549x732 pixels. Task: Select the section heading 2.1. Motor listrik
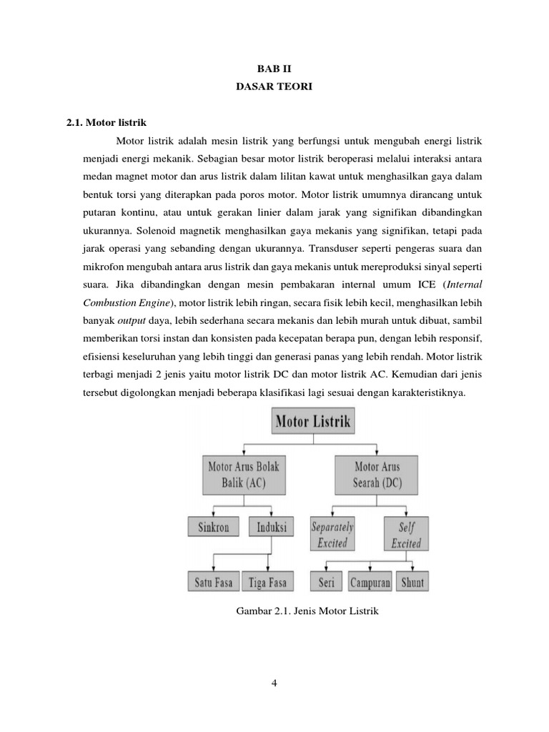coord(106,123)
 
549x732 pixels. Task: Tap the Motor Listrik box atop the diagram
coord(313,421)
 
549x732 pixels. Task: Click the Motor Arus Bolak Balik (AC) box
coord(244,475)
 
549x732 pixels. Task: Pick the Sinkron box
coord(214,528)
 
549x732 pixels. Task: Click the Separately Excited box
coord(332,535)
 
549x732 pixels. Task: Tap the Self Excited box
coord(405,535)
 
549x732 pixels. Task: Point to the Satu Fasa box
coord(214,582)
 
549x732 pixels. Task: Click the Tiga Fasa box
coord(267,582)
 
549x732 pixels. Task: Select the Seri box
coord(326,582)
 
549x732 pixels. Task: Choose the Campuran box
coord(370,582)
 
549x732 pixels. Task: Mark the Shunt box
coord(412,582)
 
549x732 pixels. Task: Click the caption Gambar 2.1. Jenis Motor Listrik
coord(306,613)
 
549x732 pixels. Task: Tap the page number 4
coord(274,683)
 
